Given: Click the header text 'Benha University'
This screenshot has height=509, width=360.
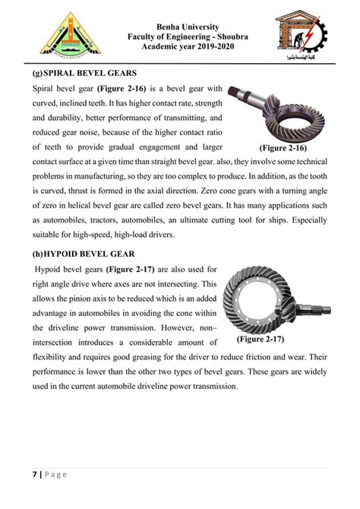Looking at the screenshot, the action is (179, 28).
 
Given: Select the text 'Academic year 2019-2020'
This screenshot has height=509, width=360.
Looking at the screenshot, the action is (179, 51).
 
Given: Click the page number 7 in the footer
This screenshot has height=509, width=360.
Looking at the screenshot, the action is (35, 475).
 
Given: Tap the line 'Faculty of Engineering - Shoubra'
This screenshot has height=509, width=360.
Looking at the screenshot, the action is (179, 40).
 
